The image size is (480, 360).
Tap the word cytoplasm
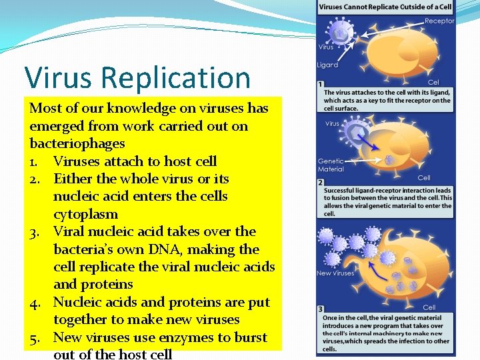coord(85,214)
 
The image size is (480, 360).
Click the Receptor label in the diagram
coord(439,21)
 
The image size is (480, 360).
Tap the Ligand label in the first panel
coord(328,65)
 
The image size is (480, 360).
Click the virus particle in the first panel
coord(342,31)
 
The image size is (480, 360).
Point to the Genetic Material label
coord(331,165)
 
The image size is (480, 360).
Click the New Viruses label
coord(335,273)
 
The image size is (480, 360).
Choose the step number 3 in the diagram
coord(321,309)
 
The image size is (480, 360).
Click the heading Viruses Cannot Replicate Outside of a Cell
coord(385,7)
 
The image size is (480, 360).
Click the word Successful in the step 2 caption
coord(340,190)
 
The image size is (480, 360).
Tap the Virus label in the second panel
coord(331,123)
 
